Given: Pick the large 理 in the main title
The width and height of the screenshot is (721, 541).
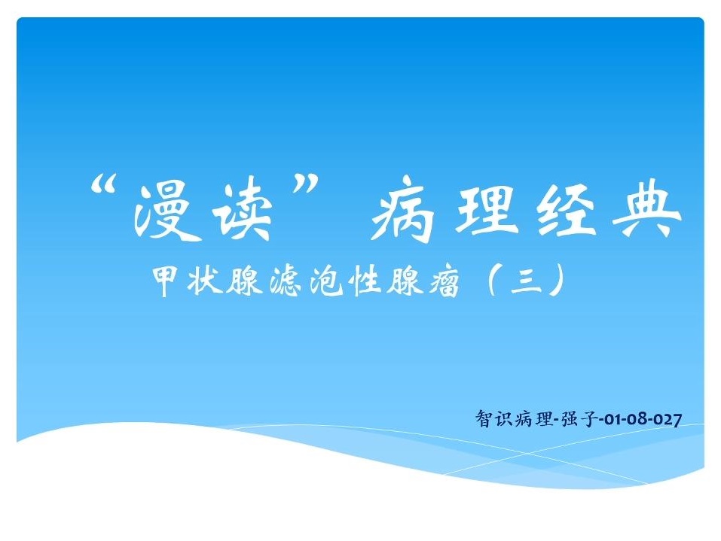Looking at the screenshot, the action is coord(484,209).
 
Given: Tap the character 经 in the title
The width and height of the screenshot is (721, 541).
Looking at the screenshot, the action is coord(567,210).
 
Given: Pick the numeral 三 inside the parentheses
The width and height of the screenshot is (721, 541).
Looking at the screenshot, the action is coord(526,281).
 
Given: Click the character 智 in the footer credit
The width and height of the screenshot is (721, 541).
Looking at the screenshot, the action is coord(484,419).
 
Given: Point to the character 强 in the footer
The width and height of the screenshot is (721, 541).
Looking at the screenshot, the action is coord(570,419).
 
